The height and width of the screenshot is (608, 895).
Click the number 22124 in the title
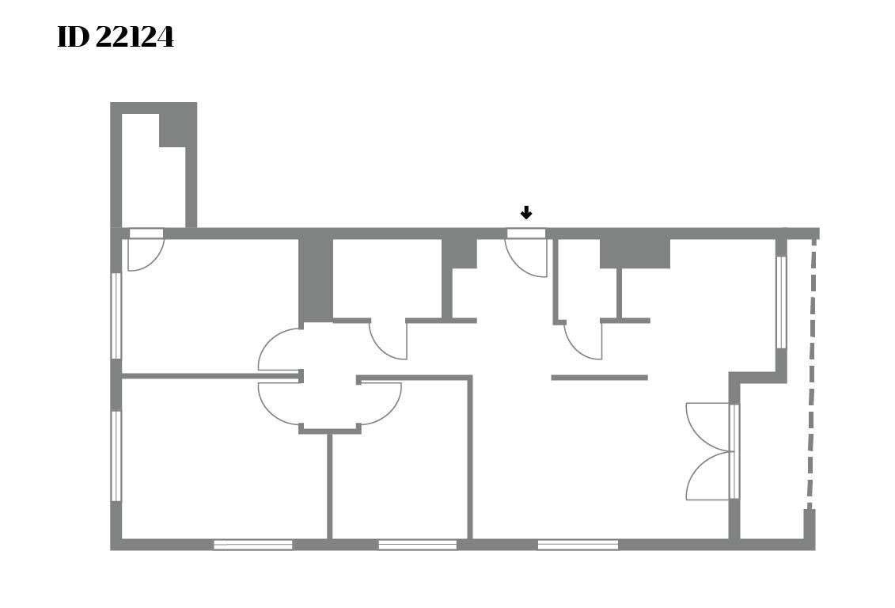coord(135,38)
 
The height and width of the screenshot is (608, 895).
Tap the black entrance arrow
coord(526,213)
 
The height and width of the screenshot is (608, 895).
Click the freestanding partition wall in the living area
coord(599,378)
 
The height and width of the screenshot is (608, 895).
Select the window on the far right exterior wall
coord(781,302)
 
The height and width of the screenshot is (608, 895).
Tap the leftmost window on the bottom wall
coord(253,545)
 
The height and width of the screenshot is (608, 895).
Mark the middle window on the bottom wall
coord(417,545)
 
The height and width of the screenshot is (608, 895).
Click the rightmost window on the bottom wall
coord(578,545)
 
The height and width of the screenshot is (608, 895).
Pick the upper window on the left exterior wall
coord(116,316)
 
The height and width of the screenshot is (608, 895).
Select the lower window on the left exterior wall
coord(116,456)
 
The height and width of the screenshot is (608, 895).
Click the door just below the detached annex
coord(146,249)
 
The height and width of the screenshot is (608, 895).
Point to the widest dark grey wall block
coord(635,253)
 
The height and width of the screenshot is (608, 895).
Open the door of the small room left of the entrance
coord(388,340)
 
